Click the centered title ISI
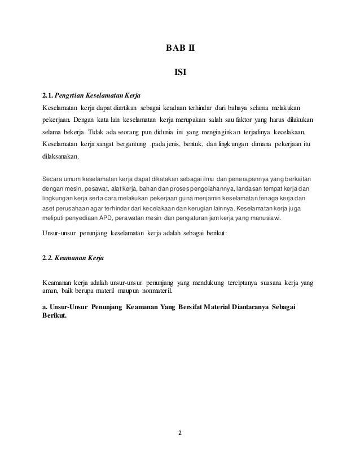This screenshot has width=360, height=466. click(x=179, y=72)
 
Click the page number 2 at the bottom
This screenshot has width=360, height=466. click(x=179, y=434)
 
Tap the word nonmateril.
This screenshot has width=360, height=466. click(x=158, y=292)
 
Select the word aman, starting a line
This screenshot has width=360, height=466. click(x=51, y=292)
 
